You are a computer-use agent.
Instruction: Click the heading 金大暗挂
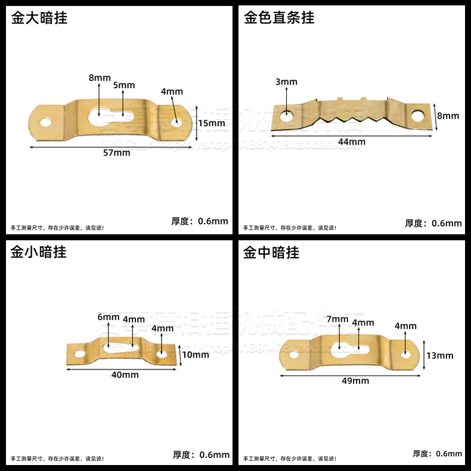point(39,18)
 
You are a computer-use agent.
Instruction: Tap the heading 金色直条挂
point(279,18)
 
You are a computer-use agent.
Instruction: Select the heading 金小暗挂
point(39,252)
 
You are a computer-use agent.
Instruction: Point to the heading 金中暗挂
point(272,252)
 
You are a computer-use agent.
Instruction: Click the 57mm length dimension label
point(117,153)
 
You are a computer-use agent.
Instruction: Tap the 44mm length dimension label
point(352,141)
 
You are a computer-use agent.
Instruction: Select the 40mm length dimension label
point(126,374)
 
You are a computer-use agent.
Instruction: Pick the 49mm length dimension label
point(356,380)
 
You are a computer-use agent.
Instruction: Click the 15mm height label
point(211,123)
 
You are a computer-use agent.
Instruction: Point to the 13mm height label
point(440,355)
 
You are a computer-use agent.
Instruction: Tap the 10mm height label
point(196,355)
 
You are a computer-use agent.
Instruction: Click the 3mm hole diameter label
point(286,82)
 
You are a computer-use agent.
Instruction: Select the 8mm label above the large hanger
point(100,78)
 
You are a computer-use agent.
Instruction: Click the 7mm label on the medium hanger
point(337,319)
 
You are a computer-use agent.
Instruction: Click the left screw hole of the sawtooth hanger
point(287,112)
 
